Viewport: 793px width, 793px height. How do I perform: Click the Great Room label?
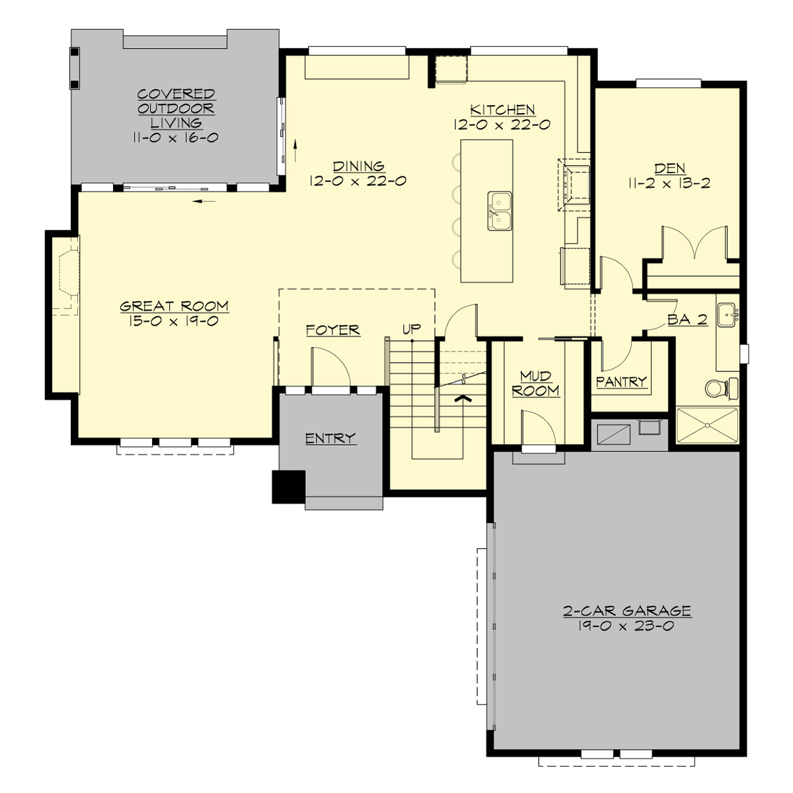tap(174, 306)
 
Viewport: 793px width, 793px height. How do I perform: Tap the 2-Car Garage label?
tap(627, 611)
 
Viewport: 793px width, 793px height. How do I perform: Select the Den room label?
tap(669, 169)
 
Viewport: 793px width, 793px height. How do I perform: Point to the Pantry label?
tap(621, 381)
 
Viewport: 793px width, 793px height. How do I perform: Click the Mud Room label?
tap(535, 384)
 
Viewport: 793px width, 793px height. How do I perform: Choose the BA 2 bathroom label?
tap(687, 320)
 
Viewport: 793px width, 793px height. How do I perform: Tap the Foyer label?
tap(332, 330)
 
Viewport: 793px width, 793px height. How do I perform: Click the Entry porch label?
tap(330, 438)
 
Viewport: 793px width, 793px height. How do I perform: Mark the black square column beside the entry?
tap(289, 486)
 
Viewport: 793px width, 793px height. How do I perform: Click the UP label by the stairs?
tap(412, 328)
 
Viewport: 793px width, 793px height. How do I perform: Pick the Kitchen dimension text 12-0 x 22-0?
tap(502, 124)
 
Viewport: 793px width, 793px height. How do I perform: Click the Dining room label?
tap(359, 167)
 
